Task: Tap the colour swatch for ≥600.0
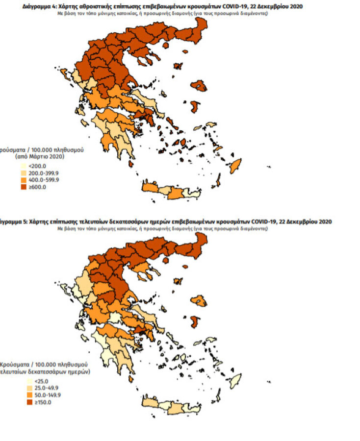23,185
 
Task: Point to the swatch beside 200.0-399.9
23,173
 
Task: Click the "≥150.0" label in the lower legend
37,402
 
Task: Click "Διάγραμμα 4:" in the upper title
38,6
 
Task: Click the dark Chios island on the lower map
194,322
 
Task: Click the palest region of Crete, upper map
195,194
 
